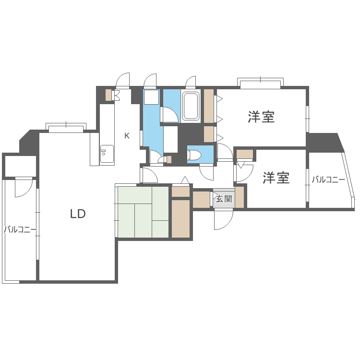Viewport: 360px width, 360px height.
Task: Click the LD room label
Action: (x=78, y=214)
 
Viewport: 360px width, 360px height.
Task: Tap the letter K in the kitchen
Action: (x=127, y=136)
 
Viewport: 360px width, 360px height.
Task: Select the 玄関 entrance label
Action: (x=224, y=199)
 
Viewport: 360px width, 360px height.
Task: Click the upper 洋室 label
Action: (x=261, y=117)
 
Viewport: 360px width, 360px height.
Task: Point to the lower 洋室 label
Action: (x=276, y=178)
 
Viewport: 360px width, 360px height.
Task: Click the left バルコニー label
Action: (x=20, y=229)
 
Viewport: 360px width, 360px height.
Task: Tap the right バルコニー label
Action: (x=328, y=180)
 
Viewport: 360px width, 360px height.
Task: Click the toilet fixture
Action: (x=194, y=155)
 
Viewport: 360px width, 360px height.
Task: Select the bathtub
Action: (x=191, y=106)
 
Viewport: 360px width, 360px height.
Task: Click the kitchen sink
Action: (x=107, y=154)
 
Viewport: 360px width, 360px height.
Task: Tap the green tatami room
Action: (x=143, y=212)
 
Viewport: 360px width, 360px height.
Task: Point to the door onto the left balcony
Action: (x=24, y=187)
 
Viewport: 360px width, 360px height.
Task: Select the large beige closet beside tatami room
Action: (x=181, y=218)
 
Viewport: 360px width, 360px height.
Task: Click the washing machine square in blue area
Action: (x=151, y=97)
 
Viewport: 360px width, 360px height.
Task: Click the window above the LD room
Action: (x=66, y=129)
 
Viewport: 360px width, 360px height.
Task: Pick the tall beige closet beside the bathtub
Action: (x=209, y=106)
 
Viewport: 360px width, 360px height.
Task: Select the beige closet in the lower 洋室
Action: (x=245, y=154)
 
